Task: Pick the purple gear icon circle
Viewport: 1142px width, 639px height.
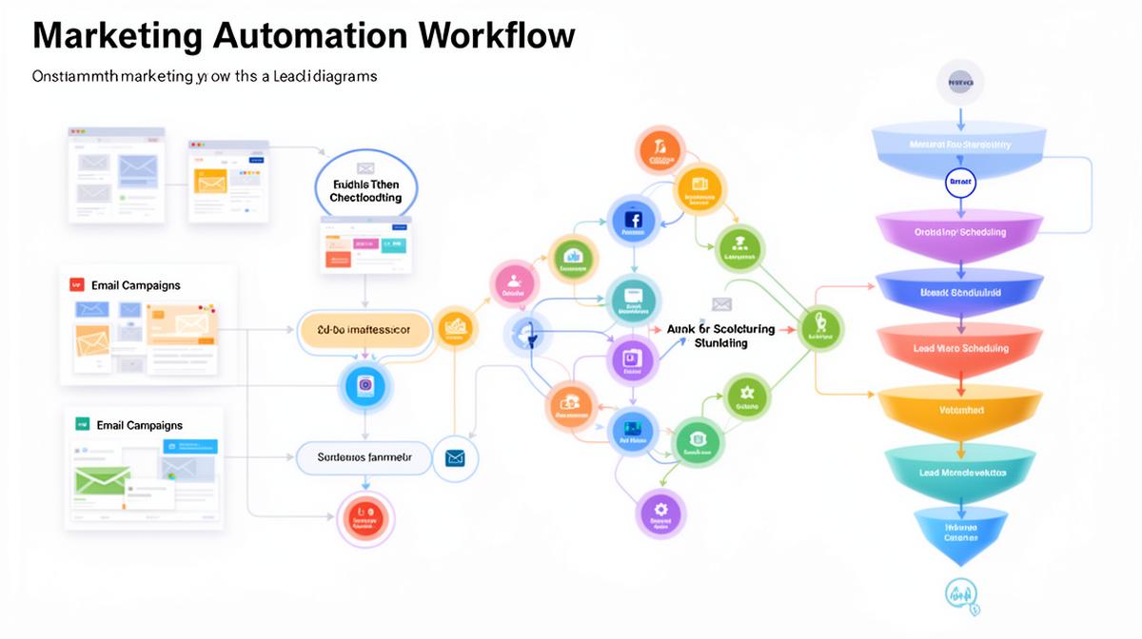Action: point(660,513)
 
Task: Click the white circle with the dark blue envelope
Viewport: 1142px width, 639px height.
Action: point(455,458)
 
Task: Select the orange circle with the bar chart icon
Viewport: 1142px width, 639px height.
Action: point(456,329)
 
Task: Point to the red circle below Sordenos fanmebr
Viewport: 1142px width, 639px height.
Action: point(365,518)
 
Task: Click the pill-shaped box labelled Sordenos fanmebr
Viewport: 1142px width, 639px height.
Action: point(364,457)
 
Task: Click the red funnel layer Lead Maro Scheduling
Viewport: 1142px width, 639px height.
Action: point(960,348)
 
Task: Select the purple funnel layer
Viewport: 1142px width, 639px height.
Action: point(960,232)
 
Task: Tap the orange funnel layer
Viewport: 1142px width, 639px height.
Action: point(961,410)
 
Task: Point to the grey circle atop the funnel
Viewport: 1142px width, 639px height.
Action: point(960,83)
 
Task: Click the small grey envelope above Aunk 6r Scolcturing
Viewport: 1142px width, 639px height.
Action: point(722,304)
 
